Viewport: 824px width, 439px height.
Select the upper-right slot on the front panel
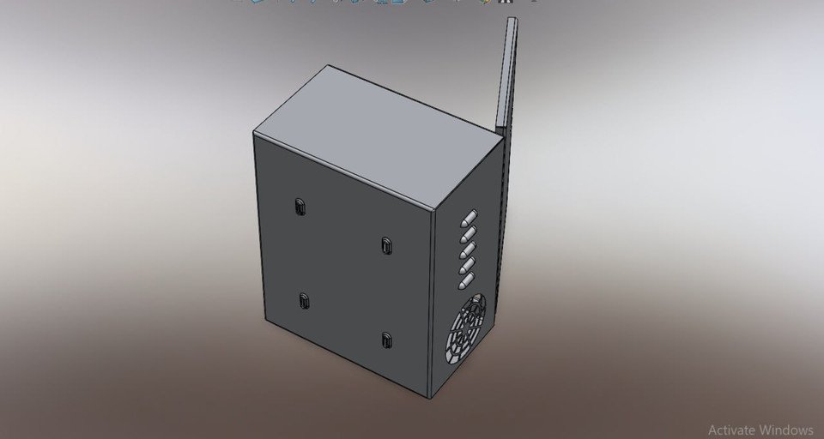pyautogui.click(x=386, y=245)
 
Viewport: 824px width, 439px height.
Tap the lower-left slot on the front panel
pyautogui.click(x=303, y=300)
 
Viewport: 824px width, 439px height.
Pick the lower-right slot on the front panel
pyautogui.click(x=386, y=339)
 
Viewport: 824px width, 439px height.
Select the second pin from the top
pyautogui.click(x=470, y=232)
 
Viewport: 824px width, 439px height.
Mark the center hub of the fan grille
pyautogui.click(x=466, y=329)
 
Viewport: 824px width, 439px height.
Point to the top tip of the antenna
pyautogui.click(x=512, y=21)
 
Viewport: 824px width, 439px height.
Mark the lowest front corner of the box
pyautogui.click(x=428, y=398)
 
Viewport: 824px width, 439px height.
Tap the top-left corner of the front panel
pyautogui.click(x=254, y=134)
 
